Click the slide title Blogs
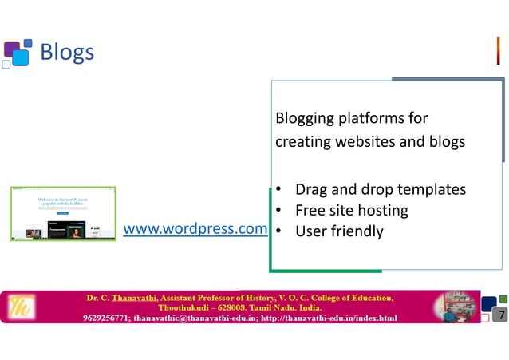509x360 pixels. [67, 53]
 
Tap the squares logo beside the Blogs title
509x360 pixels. [18, 53]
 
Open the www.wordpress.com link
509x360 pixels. [195, 229]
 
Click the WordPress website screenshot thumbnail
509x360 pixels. [63, 213]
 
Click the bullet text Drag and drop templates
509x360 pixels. [380, 190]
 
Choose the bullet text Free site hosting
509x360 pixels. [351, 211]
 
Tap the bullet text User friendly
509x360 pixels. [339, 231]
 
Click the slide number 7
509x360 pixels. [500, 315]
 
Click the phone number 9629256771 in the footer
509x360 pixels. [107, 318]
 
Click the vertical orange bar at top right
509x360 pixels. [498, 50]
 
